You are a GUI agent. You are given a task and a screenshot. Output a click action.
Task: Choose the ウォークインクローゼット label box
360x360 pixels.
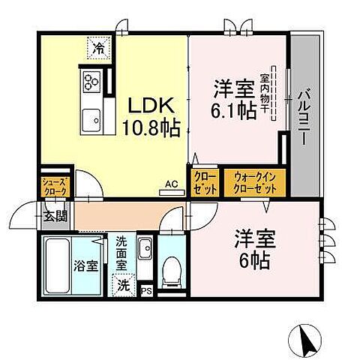255,182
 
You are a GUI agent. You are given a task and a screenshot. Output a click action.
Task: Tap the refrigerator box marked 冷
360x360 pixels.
98,49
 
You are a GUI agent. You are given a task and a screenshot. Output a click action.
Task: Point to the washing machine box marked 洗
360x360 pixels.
122,284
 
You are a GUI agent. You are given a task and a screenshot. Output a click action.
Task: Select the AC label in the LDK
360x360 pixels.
171,184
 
